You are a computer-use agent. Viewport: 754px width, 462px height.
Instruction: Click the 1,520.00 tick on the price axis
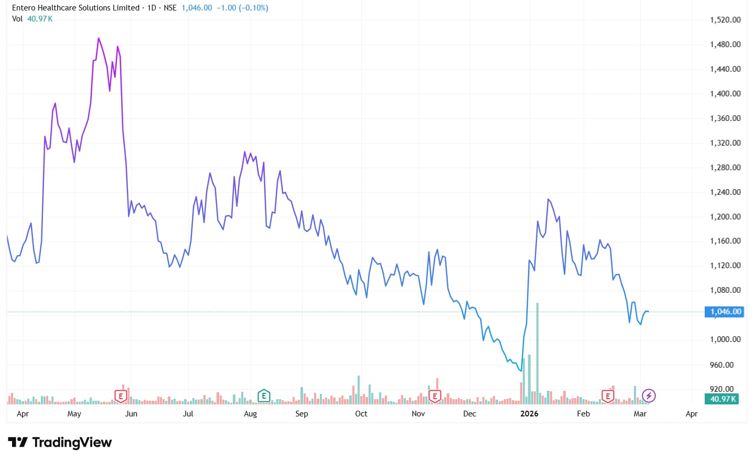click(x=725, y=20)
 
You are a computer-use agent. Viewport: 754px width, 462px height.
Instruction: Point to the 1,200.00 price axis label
click(x=725, y=217)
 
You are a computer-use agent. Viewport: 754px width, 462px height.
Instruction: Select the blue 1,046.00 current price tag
click(x=725, y=312)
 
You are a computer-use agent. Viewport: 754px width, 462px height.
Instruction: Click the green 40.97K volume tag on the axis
click(x=723, y=399)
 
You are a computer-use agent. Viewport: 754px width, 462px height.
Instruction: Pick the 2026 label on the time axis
click(x=529, y=414)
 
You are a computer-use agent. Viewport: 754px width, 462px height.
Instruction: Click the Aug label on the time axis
click(x=250, y=414)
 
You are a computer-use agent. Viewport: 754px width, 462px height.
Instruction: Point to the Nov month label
click(x=418, y=414)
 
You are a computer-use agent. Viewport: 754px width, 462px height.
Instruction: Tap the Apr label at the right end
click(x=692, y=414)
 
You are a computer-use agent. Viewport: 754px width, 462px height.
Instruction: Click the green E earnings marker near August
click(x=264, y=395)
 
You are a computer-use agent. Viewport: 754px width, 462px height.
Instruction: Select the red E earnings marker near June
click(x=121, y=396)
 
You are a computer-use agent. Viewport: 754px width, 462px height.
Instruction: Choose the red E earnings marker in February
click(x=608, y=396)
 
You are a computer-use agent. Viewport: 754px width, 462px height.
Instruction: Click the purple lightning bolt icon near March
click(x=649, y=395)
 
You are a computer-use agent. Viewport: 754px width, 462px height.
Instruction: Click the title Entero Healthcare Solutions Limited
click(x=76, y=8)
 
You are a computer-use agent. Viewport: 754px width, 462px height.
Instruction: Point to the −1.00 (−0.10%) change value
click(x=242, y=8)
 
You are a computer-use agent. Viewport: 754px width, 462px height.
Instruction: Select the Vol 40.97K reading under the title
click(x=33, y=19)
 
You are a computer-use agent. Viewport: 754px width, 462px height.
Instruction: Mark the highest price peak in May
click(x=99, y=38)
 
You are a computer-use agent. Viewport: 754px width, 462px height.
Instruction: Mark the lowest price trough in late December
click(x=521, y=371)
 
